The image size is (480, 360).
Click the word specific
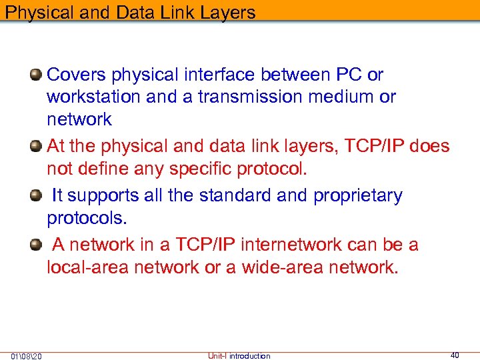(x=201, y=169)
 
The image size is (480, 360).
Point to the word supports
(x=99, y=195)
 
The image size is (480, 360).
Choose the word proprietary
(x=357, y=195)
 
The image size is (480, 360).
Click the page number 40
(x=455, y=355)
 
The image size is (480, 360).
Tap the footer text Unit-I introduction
(x=239, y=355)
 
